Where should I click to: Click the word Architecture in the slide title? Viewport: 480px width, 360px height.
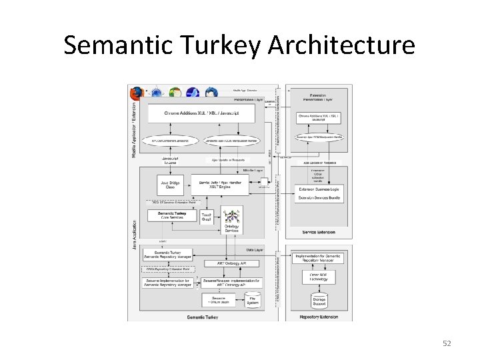(x=341, y=45)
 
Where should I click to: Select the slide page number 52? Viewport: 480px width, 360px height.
(x=447, y=343)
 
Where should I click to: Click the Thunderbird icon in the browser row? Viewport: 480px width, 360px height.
(x=211, y=93)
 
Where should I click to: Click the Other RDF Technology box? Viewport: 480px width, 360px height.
(x=318, y=275)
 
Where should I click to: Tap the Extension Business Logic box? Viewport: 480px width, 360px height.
(x=319, y=190)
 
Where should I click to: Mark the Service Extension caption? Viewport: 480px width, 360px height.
(x=318, y=233)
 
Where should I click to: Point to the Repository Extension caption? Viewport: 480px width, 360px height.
(x=318, y=317)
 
